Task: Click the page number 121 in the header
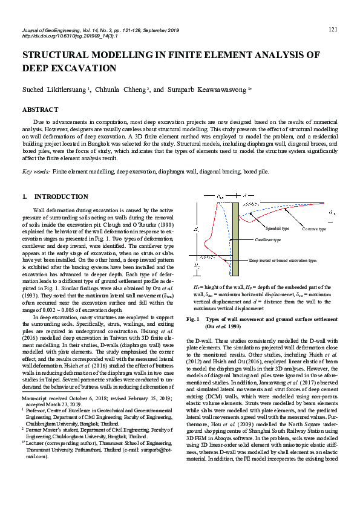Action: (x=332, y=30)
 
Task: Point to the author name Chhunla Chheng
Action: (x=120, y=89)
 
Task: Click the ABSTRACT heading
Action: (x=40, y=110)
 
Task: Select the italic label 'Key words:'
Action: (x=36, y=172)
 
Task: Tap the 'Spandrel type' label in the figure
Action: (x=278, y=229)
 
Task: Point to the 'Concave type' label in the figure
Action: (x=314, y=229)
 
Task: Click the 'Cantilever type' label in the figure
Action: (x=267, y=240)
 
